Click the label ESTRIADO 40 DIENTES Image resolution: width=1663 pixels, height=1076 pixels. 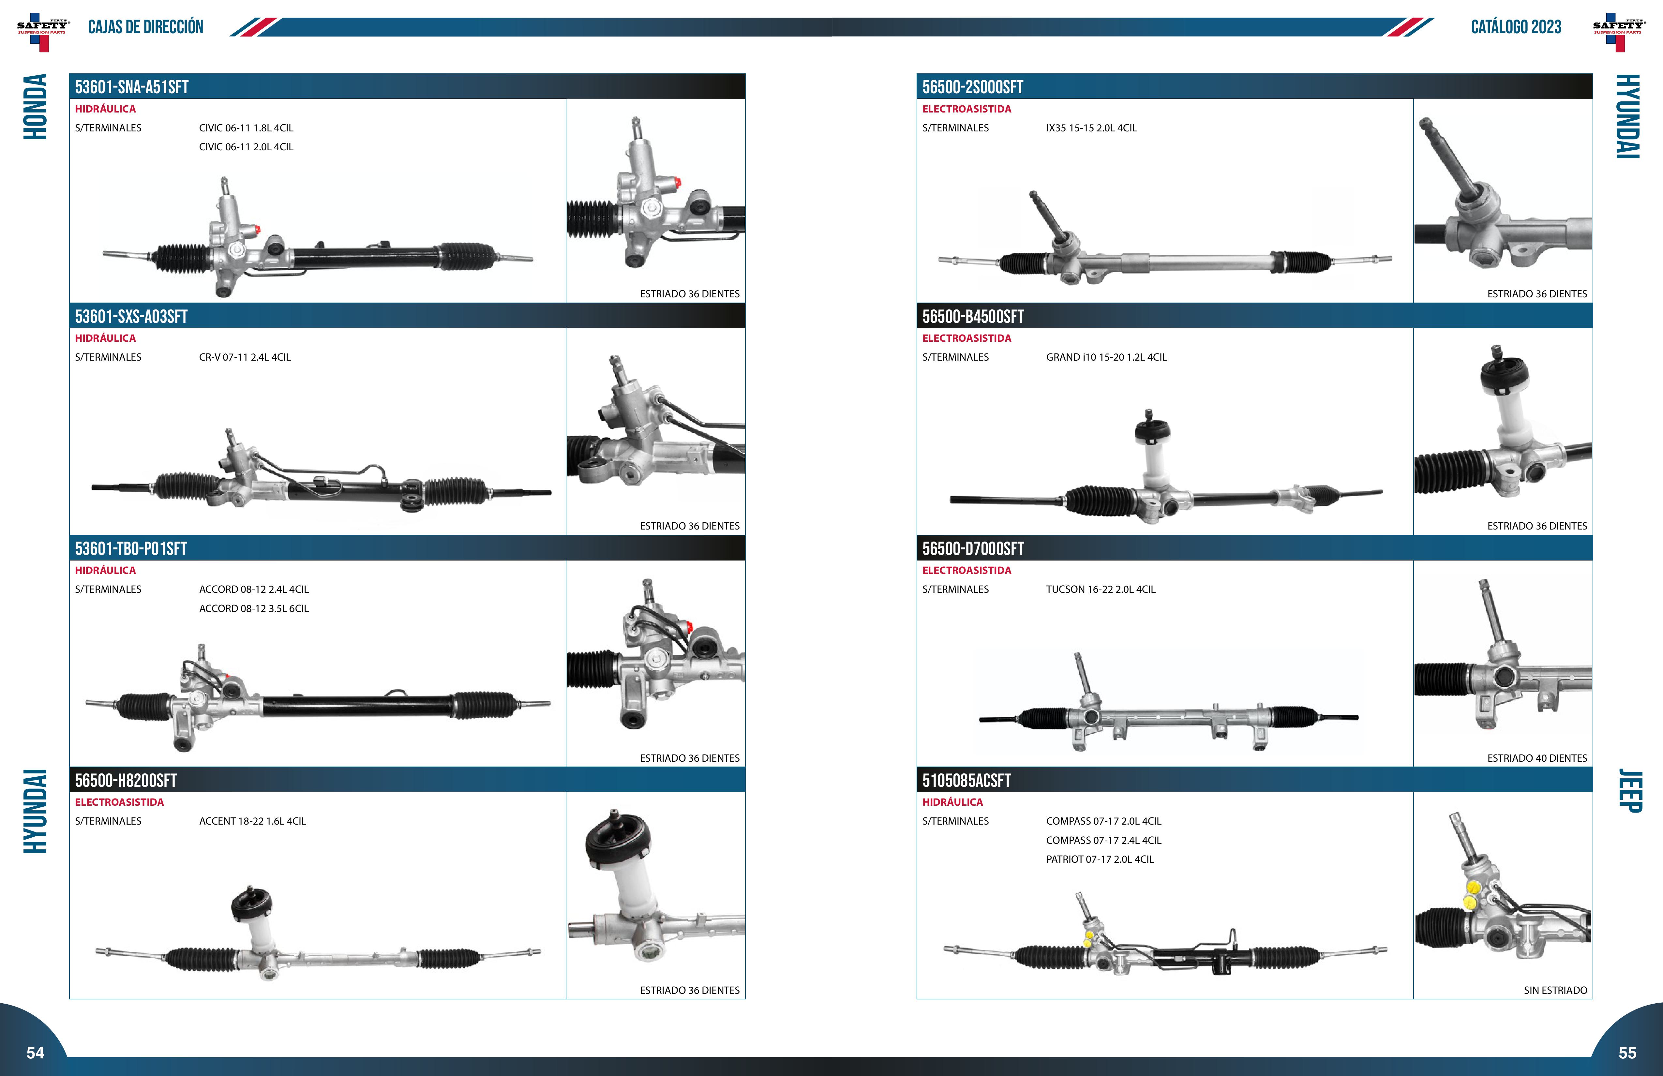[x=1537, y=758]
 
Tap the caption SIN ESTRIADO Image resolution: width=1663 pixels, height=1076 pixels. [x=1555, y=990]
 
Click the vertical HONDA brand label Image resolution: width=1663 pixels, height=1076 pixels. [x=35, y=107]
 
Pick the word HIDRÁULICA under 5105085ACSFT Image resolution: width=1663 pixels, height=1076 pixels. [x=952, y=802]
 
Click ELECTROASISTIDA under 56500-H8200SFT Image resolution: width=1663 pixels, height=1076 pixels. [x=119, y=802]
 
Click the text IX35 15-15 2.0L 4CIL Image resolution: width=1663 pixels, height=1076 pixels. [x=1091, y=128]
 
